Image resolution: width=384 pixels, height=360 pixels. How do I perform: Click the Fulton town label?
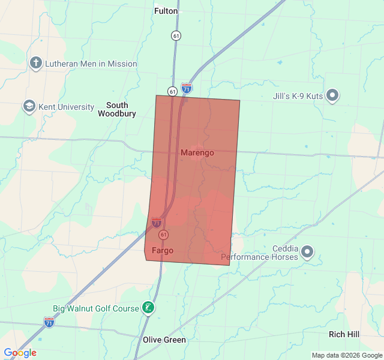click(166, 11)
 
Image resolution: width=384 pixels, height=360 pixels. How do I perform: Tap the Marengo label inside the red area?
click(197, 153)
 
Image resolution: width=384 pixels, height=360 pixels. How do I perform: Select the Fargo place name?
click(163, 250)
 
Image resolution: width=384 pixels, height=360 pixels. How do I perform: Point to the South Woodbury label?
click(117, 109)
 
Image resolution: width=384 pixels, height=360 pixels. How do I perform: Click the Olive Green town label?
click(164, 340)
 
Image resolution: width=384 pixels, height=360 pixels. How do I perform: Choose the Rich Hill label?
click(344, 334)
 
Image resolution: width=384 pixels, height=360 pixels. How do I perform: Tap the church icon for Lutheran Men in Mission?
click(36, 63)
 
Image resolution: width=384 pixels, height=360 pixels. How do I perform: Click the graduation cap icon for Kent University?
click(29, 107)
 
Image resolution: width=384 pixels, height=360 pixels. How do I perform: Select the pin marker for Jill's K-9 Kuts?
click(332, 95)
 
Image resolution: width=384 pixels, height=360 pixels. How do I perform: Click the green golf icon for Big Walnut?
click(148, 308)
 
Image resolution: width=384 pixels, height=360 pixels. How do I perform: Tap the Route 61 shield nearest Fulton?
click(175, 35)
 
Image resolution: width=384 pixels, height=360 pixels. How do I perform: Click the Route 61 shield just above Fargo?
click(164, 235)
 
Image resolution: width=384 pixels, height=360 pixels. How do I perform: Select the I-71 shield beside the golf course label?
click(49, 322)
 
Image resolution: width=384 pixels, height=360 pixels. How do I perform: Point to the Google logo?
click(20, 353)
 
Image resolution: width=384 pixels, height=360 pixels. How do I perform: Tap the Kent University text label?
click(66, 107)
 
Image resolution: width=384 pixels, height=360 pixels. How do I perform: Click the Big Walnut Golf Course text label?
click(95, 309)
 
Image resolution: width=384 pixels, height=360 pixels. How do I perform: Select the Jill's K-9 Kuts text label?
click(294, 96)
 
